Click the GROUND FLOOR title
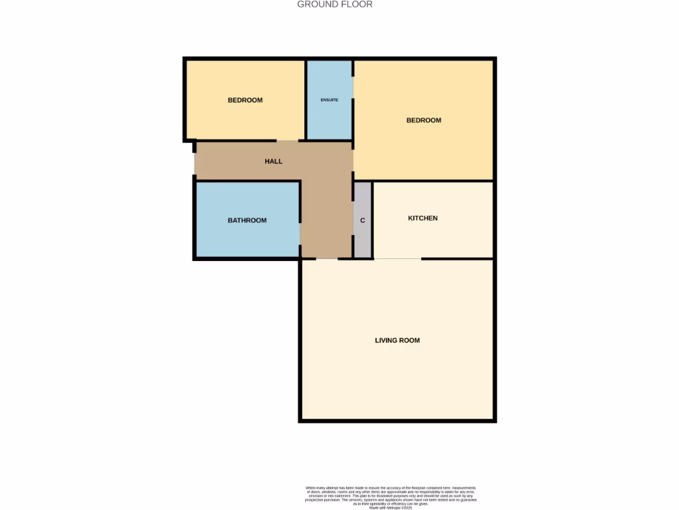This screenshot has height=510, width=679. coord(334,5)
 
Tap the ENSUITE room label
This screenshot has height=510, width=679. coord(329,100)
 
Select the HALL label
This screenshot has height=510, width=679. coord(273,161)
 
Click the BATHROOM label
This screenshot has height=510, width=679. coord(247,220)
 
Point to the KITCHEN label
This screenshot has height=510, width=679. coord(422,218)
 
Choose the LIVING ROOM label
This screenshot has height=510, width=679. coord(397,341)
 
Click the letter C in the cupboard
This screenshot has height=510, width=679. coord(362,220)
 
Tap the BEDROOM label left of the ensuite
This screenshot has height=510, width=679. coord(245,100)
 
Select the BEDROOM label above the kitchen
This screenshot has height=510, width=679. coord(424,120)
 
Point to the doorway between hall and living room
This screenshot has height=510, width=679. coord(327,258)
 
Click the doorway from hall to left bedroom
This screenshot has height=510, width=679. coord(287,141)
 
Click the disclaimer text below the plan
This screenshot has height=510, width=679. coord(391,495)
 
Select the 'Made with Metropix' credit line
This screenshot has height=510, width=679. coord(391,507)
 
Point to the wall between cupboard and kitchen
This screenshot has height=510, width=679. coord(373,219)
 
